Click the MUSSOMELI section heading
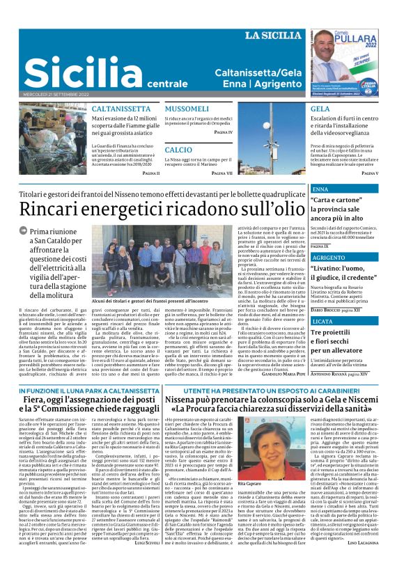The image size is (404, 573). pos(187,109)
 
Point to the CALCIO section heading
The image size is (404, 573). pos(178,150)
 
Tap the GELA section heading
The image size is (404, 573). pos(320,109)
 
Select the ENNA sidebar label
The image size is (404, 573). pos(322,189)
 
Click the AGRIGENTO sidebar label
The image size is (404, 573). pos(329,257)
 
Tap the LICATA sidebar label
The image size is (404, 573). pos(323,322)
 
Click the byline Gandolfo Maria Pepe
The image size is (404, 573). pos(281,373)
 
